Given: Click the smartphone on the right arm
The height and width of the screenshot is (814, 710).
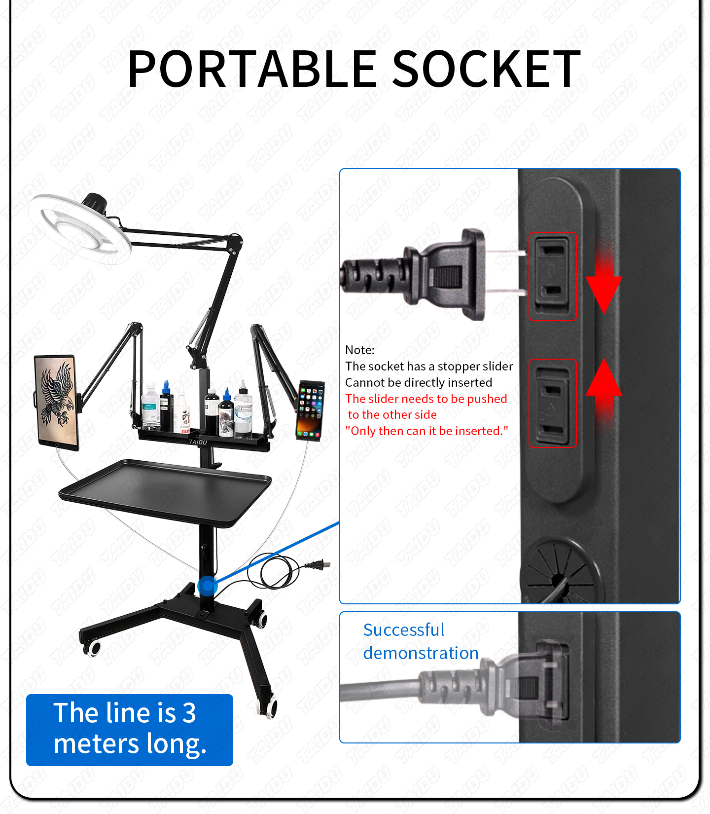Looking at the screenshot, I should [311, 409].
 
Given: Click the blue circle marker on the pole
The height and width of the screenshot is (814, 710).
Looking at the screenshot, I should [208, 586].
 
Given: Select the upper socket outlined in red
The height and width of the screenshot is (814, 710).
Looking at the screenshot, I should [552, 276].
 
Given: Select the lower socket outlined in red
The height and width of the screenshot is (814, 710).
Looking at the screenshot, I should [552, 403].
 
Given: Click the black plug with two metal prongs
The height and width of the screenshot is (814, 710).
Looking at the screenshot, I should [444, 274].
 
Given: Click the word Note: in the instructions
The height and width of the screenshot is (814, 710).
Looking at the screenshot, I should [360, 350].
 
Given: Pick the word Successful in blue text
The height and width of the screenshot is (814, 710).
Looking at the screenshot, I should [404, 630].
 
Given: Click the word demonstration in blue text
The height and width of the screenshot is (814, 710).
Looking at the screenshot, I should [421, 653].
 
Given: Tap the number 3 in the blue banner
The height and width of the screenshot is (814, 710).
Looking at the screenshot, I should [189, 713].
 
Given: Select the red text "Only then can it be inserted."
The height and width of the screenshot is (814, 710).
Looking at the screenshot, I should [426, 431].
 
